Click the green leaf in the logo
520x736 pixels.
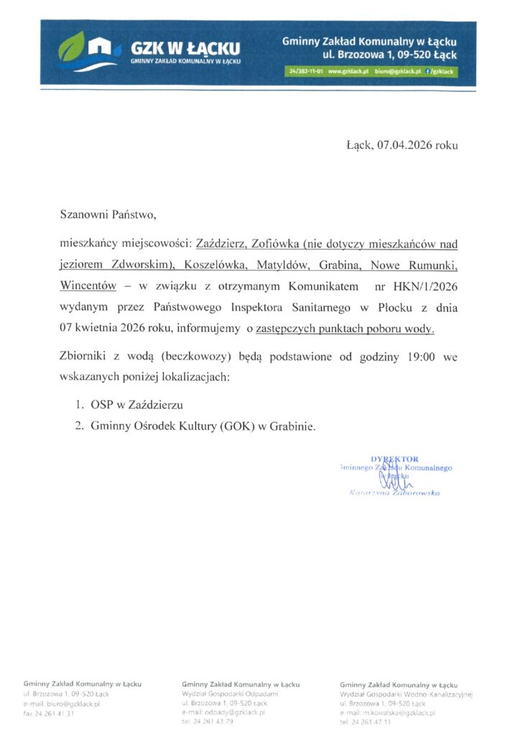pyautogui.click(x=71, y=48)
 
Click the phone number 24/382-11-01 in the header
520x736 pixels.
pyautogui.click(x=305, y=72)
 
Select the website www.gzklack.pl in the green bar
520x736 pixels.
pyautogui.click(x=348, y=72)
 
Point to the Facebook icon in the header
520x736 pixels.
pyautogui.click(x=429, y=72)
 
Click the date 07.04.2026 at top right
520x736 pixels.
pyautogui.click(x=402, y=145)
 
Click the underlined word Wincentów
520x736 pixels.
pyautogui.click(x=88, y=285)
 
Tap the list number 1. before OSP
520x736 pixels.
pyautogui.click(x=80, y=405)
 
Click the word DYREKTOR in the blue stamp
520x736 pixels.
pyautogui.click(x=394, y=459)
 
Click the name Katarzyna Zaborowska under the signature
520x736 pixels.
pyautogui.click(x=394, y=493)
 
